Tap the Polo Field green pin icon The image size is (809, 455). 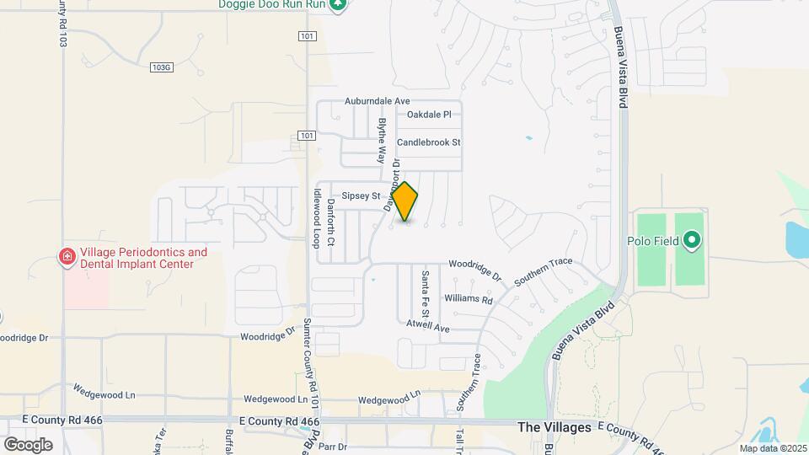pos(692,241)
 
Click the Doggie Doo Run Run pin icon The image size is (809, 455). pos(338,5)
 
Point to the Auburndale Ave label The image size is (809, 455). pos(377,101)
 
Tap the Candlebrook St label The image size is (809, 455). pos(429,142)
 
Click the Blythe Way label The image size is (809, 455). pos(383,139)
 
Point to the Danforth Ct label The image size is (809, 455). pos(331,223)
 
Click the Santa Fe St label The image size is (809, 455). pos(426,289)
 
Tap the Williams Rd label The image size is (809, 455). pos(469,299)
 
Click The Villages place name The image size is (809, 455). pos(555,427)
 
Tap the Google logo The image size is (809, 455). pos(28,444)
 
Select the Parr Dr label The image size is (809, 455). pos(333,447)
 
